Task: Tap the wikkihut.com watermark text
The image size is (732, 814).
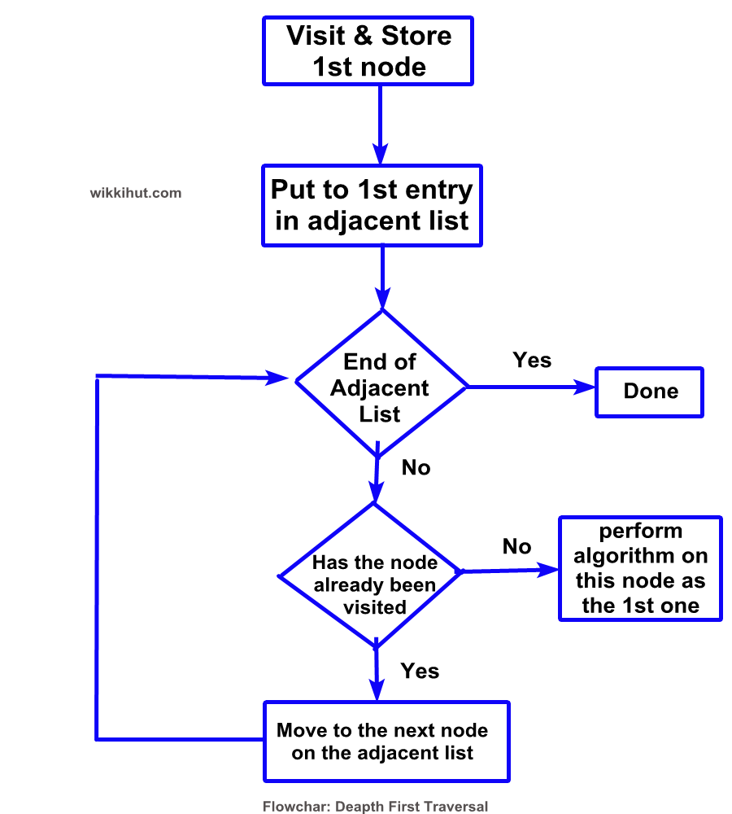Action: [135, 193]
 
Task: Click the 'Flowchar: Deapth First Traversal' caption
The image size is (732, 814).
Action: [375, 806]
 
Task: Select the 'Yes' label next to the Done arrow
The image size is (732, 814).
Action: [532, 361]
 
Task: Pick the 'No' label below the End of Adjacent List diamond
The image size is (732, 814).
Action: [416, 468]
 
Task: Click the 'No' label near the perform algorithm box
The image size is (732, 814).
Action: [516, 547]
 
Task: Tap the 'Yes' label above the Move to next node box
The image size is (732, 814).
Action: [420, 672]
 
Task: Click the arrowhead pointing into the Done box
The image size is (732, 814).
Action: [584, 387]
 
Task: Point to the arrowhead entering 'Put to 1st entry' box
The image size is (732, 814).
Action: [381, 154]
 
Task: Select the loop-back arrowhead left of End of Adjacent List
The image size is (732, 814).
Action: [277, 378]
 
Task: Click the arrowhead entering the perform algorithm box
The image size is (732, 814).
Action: [547, 570]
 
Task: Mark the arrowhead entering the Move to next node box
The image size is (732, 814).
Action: [377, 690]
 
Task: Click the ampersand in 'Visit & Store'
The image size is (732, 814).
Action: [363, 36]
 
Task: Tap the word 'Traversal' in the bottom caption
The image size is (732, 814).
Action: [461, 806]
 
